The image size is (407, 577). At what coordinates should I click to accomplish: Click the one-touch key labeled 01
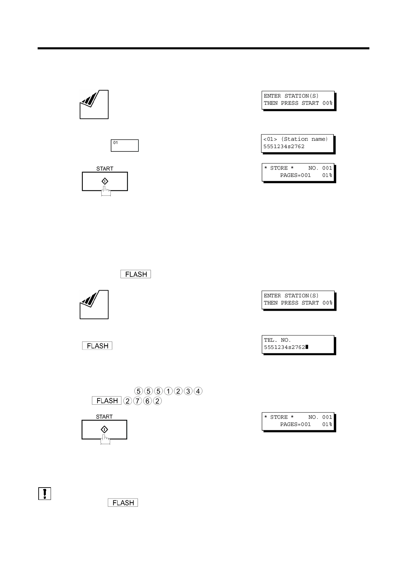coord(124,145)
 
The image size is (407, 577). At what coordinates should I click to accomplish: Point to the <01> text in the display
coord(270,139)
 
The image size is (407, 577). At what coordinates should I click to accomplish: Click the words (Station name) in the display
coord(304,139)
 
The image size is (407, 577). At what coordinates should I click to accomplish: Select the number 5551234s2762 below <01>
coord(284,147)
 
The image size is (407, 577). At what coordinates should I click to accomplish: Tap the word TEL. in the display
coord(271,340)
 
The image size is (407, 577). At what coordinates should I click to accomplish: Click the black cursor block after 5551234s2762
coord(307,347)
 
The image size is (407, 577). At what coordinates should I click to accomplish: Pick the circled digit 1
coord(168,391)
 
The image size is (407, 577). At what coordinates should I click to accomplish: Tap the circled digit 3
coord(188,391)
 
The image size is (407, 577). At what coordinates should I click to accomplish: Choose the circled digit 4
coord(198,391)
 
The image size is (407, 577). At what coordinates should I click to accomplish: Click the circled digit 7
coord(137,401)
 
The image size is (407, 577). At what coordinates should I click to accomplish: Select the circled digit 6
coord(147,401)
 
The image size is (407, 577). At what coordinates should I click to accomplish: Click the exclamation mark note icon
coord(44,493)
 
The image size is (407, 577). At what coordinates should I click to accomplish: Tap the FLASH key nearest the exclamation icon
coord(123,503)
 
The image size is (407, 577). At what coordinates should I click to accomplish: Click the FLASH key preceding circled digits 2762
coord(107,401)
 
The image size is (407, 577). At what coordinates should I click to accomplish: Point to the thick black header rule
coord(203,49)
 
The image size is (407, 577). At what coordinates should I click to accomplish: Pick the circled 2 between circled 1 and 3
coord(178,391)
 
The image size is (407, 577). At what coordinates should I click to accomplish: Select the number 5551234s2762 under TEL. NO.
coord(284,347)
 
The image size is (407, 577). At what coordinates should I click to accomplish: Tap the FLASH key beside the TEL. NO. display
coord(97,346)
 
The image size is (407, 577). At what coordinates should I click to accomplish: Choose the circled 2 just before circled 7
coord(128,401)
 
